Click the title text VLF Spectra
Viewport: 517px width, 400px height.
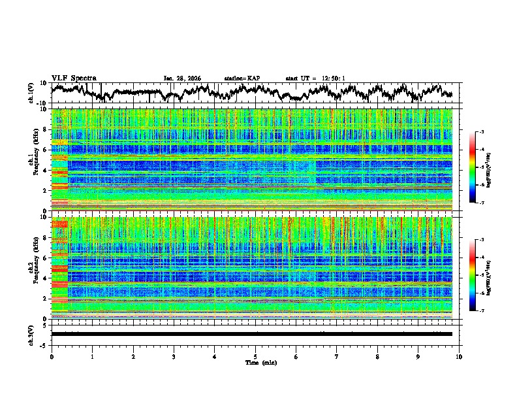coord(74,78)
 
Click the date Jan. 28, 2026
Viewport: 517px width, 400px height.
coord(182,78)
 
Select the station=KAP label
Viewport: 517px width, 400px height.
coord(242,78)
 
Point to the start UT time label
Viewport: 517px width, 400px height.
coord(315,78)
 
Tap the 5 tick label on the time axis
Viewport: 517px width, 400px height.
coord(255,356)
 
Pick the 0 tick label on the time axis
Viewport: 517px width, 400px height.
coord(52,356)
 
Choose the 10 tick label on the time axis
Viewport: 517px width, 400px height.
coord(459,356)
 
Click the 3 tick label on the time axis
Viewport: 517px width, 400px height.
coord(174,356)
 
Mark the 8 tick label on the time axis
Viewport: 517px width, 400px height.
coord(377,356)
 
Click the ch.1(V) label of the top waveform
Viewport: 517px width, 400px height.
coord(31,93)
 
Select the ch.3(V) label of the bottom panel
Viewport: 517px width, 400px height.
coord(31,334)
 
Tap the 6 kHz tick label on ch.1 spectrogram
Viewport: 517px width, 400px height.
coord(46,150)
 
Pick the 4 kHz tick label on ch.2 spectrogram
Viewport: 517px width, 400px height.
coord(46,278)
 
